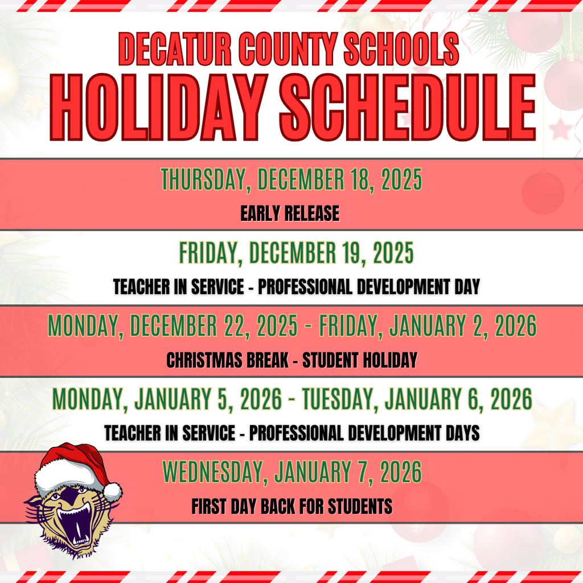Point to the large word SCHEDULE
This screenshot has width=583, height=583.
coord(407,108)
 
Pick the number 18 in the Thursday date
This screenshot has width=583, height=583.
coord(359,180)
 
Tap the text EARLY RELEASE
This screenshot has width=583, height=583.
coord(290,214)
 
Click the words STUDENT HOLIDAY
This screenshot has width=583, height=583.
coord(360,360)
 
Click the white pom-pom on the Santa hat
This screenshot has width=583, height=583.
coord(113,491)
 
